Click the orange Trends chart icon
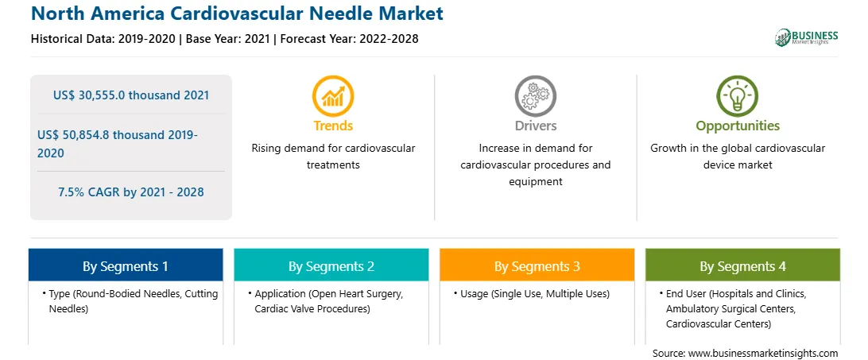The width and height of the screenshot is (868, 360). pyautogui.click(x=333, y=96)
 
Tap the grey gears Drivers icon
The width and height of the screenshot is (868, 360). pyautogui.click(x=535, y=96)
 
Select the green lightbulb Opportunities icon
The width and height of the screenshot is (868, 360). pyautogui.click(x=738, y=96)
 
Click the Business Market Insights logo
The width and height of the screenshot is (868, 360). pyautogui.click(x=807, y=37)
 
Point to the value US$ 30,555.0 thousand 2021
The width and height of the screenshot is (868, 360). pyautogui.click(x=131, y=95)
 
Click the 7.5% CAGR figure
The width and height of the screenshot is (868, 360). pyautogui.click(x=131, y=192)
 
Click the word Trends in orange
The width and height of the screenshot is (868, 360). pyautogui.click(x=333, y=126)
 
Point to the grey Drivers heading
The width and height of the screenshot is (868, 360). pyautogui.click(x=535, y=126)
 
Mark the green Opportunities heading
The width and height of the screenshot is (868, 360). pyautogui.click(x=738, y=126)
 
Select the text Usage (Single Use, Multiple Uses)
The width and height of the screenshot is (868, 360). pyautogui.click(x=535, y=294)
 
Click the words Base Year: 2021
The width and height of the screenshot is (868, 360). pyautogui.click(x=227, y=39)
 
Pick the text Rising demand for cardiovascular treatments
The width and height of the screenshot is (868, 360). pyautogui.click(x=333, y=157)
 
